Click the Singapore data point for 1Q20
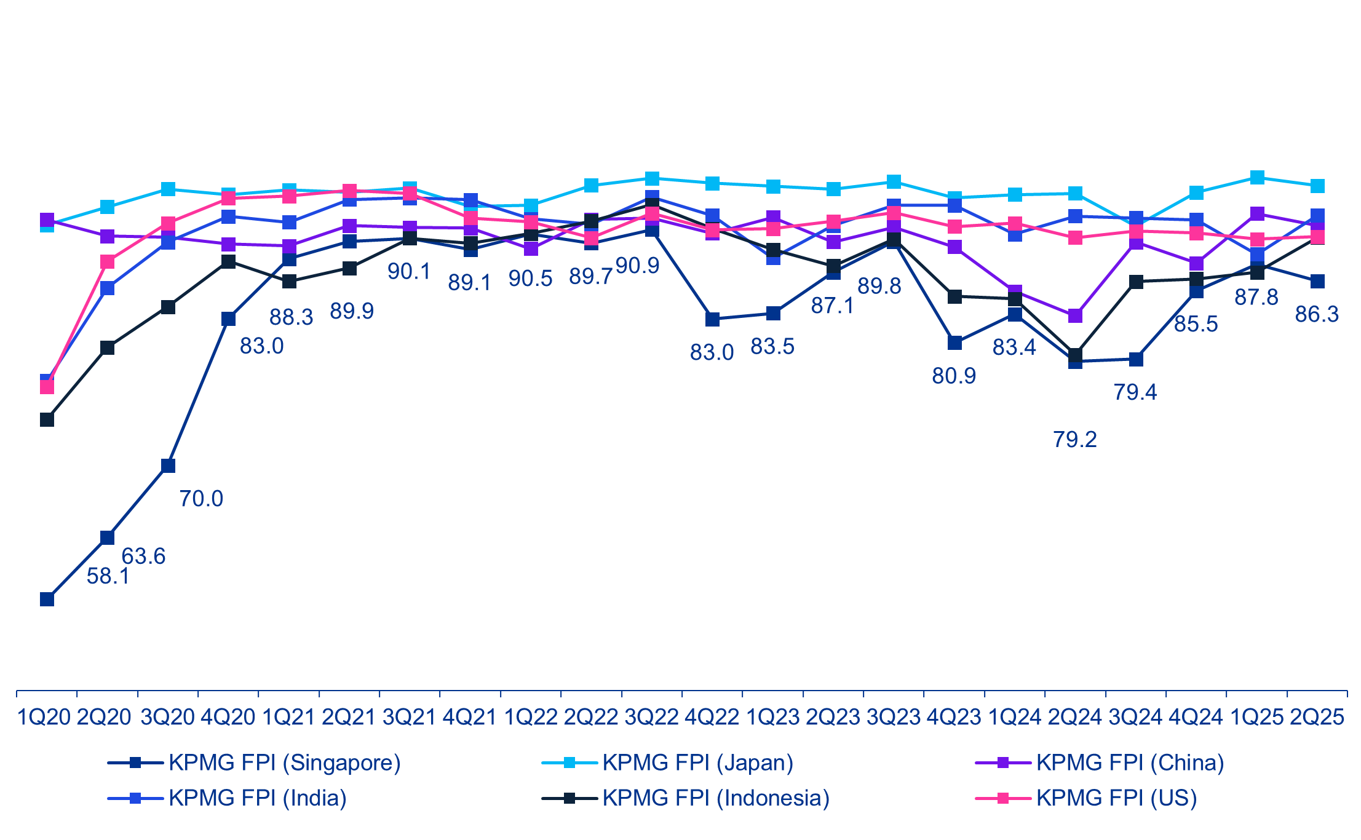(x=47, y=599)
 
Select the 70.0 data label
(x=201, y=499)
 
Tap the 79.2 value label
(x=1074, y=440)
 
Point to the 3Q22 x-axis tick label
(x=651, y=717)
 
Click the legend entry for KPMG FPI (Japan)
(x=697, y=763)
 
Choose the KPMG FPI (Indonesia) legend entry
(x=715, y=798)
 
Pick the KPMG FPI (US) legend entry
(x=1116, y=798)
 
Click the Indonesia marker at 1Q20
(x=47, y=419)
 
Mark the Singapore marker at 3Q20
(x=168, y=466)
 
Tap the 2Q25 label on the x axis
(x=1317, y=717)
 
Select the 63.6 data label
(x=143, y=557)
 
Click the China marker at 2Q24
(x=1075, y=316)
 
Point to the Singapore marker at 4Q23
(x=954, y=343)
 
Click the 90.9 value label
(x=637, y=266)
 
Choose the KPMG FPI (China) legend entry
(x=1130, y=763)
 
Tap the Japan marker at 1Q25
(x=1257, y=178)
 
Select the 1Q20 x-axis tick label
(x=44, y=717)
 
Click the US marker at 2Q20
(x=107, y=262)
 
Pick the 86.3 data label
(x=1317, y=314)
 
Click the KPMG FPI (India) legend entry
(x=257, y=798)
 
